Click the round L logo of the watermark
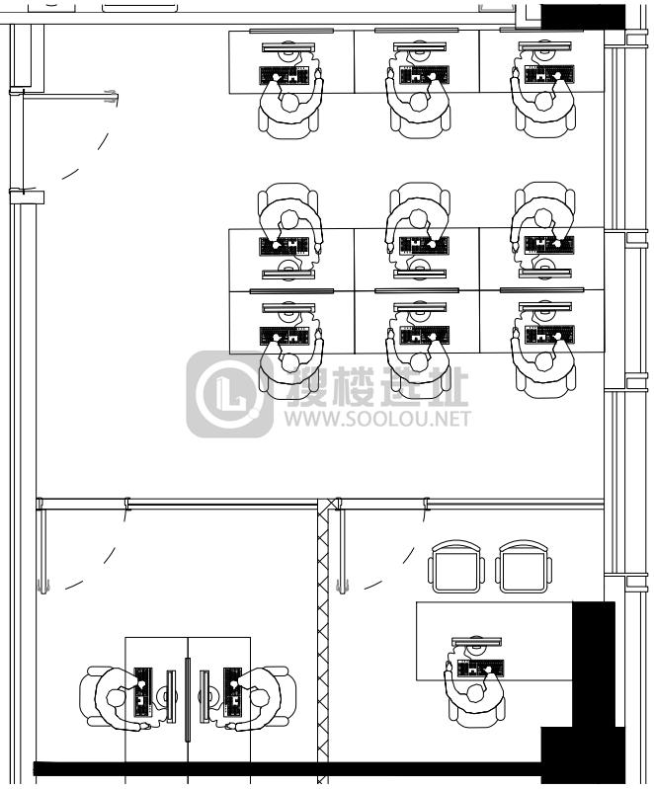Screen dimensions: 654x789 pyautogui.click(x=230, y=393)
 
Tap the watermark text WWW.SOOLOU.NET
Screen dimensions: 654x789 pyautogui.click(x=377, y=418)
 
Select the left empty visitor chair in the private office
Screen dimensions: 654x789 pyautogui.click(x=456, y=567)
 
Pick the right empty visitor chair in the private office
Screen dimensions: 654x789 pyautogui.click(x=524, y=567)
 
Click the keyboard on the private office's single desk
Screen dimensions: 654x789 pyautogui.click(x=480, y=668)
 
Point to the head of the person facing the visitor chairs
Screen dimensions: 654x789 pyautogui.click(x=475, y=694)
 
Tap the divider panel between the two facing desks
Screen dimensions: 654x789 pyautogui.click(x=188, y=699)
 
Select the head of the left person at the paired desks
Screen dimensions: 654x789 pyautogui.click(x=116, y=698)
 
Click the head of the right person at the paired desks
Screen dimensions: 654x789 pyautogui.click(x=259, y=698)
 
